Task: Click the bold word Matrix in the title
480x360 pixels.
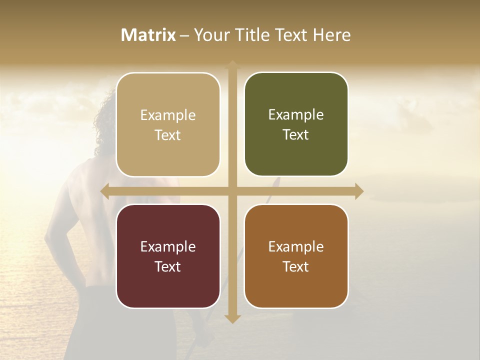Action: [148, 35]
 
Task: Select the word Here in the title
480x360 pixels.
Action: [331, 35]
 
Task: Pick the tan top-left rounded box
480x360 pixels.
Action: [168, 124]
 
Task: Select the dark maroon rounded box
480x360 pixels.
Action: [168, 256]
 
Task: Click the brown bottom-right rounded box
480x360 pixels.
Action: [296, 256]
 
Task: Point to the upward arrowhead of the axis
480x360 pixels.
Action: [232, 65]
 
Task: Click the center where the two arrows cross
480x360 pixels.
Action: [232, 191]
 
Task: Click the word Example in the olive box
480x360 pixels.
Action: [296, 114]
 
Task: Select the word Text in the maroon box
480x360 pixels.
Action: [168, 266]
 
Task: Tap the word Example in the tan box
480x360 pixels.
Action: [168, 115]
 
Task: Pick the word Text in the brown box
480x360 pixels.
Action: [296, 266]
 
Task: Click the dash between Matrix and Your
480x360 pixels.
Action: [185, 35]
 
